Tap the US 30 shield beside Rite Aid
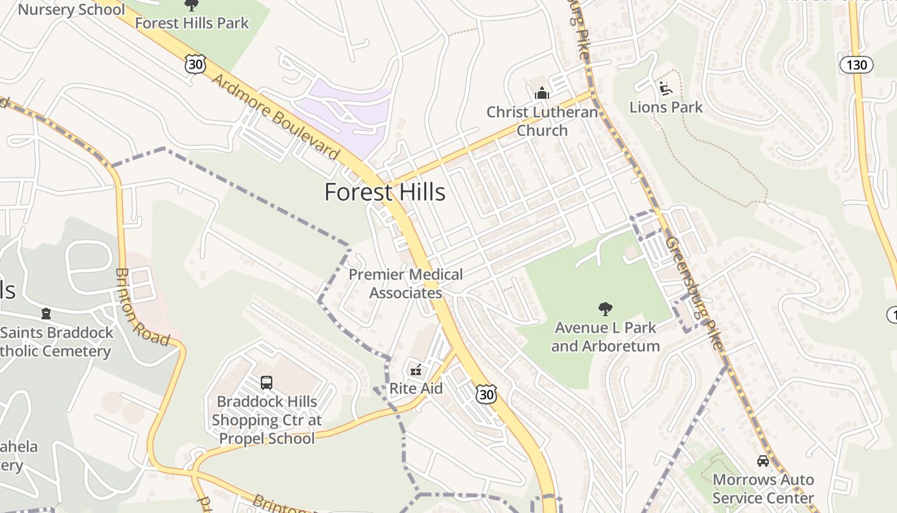[x=486, y=394]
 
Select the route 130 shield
[x=856, y=65]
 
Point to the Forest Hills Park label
[x=192, y=23]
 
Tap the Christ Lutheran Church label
[x=542, y=121]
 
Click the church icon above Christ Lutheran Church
[x=542, y=94]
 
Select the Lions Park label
[x=666, y=107]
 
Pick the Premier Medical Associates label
[x=406, y=283]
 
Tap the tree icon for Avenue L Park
[x=605, y=310]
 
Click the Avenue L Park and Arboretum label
[x=605, y=337]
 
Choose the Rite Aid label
[x=416, y=389]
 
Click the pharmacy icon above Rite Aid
[x=416, y=370]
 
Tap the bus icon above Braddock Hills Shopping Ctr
[x=267, y=383]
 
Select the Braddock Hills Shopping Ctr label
[x=267, y=420]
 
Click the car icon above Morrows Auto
[x=762, y=461]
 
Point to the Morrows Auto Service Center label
[x=762, y=489]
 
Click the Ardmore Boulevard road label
[x=276, y=117]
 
